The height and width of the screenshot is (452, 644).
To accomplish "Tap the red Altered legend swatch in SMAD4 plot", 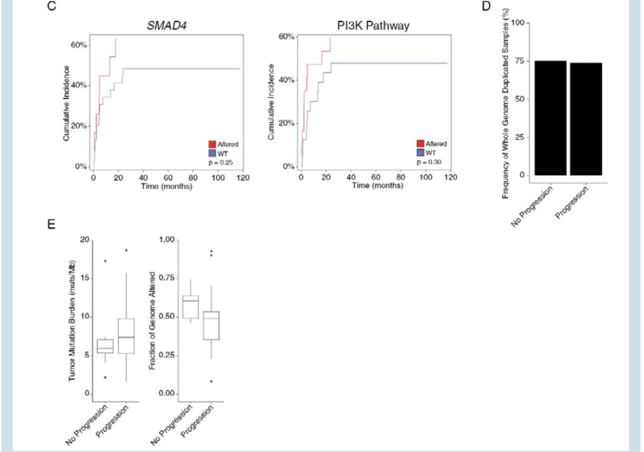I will pos(212,144).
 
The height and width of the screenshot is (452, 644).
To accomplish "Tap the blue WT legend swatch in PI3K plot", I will pos(420,152).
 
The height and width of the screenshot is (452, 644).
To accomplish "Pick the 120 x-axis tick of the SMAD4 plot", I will pos(243,178).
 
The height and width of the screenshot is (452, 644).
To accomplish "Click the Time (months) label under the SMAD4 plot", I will pos(168,187).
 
